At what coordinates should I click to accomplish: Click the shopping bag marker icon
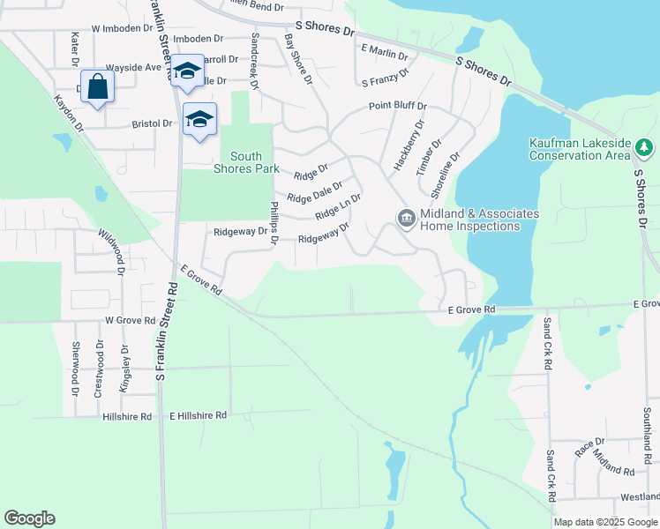point(99,87)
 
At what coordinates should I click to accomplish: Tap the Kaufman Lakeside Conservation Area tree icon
point(645,146)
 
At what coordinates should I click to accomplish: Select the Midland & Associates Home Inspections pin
point(406,218)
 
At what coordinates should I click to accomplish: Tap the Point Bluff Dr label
point(397,106)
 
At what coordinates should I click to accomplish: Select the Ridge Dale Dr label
point(314,192)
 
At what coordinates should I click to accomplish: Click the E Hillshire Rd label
point(199,414)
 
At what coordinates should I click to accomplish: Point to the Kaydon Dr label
point(68,115)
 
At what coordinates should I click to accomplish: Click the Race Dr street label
point(589,447)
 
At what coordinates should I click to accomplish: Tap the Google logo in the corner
point(29,518)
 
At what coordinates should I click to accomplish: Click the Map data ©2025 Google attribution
point(606,522)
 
